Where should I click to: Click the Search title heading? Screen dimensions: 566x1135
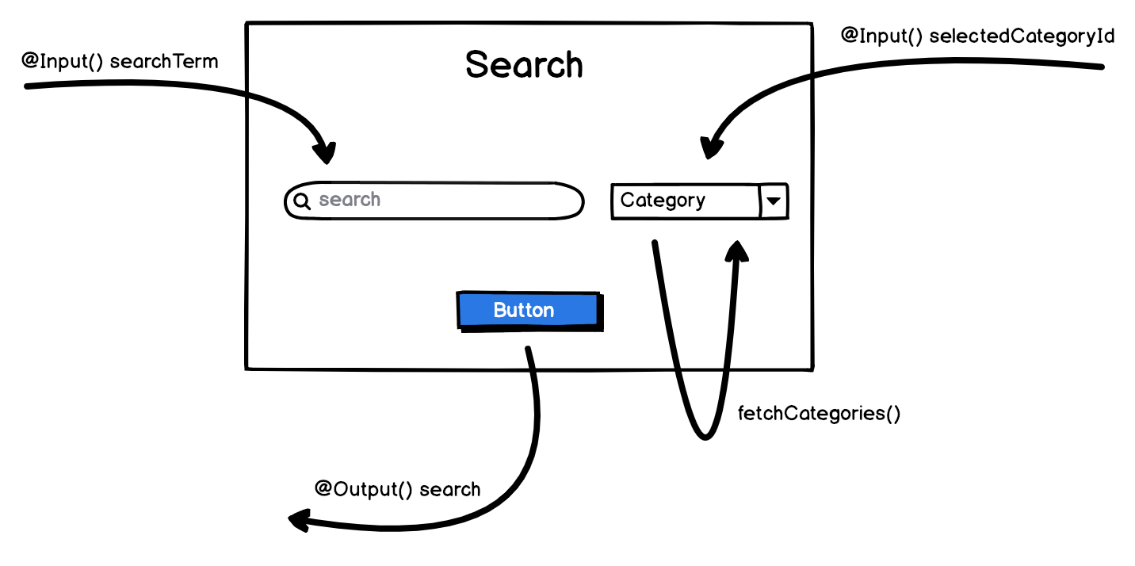[524, 65]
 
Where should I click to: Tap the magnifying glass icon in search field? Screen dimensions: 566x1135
[301, 201]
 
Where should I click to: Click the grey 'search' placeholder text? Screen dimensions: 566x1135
[350, 200]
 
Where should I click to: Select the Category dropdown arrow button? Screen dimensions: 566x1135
[774, 201]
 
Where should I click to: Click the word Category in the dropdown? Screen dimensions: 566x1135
[663, 201]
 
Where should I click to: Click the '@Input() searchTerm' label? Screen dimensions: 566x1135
[120, 61]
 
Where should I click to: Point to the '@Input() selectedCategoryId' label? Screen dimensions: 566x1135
[977, 36]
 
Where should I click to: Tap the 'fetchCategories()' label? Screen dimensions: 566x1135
[819, 414]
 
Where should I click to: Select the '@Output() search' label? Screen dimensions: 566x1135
[397, 489]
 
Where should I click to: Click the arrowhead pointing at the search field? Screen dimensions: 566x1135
[325, 153]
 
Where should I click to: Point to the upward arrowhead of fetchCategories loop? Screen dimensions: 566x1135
[738, 250]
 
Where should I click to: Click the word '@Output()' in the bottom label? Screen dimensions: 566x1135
[364, 489]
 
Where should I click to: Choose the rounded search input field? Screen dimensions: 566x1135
[434, 201]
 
